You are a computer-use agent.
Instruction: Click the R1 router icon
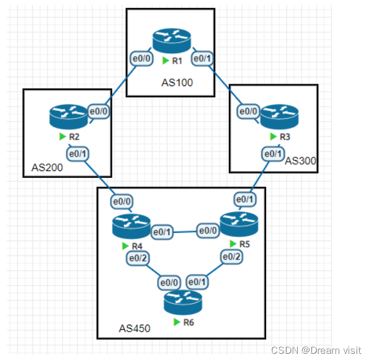[171, 41]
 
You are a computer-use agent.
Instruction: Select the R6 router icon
[183, 302]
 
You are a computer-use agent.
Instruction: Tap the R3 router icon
[279, 116]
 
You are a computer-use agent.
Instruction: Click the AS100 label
[177, 83]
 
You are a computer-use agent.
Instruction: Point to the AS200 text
[47, 167]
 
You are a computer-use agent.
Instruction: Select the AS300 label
[300, 161]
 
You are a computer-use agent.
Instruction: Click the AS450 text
[135, 328]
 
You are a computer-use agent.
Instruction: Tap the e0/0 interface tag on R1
[141, 58]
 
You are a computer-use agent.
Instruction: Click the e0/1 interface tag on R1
[202, 58]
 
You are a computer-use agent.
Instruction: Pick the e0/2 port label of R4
[138, 258]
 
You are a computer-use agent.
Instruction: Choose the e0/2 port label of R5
[231, 257]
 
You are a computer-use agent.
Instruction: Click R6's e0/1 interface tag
[197, 282]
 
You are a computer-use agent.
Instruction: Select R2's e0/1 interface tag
[78, 154]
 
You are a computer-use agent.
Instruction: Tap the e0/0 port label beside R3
[248, 111]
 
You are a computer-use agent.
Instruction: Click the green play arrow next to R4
[125, 246]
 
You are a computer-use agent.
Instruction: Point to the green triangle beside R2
[63, 136]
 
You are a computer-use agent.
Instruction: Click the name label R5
[244, 244]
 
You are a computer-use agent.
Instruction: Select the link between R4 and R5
[185, 232]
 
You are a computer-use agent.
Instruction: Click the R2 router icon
[69, 116]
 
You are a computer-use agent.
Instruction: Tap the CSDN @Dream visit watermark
[316, 350]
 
